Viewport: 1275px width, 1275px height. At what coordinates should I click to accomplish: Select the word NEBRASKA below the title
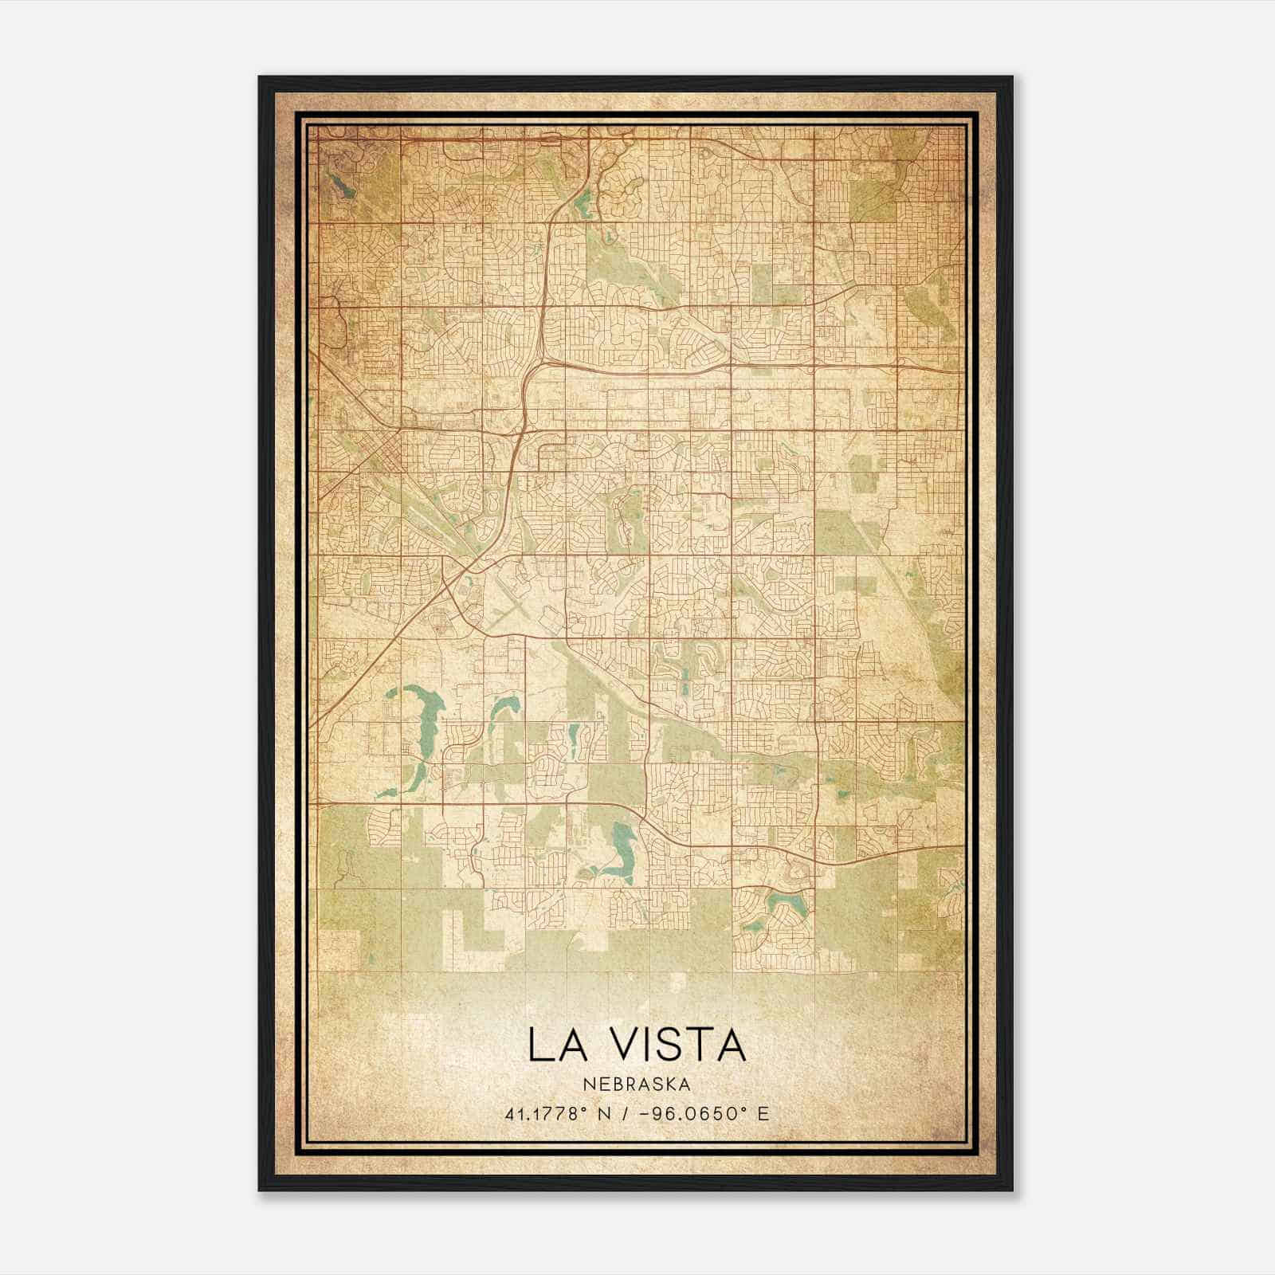coord(637,1084)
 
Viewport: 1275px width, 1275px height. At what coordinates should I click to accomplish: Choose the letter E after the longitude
coord(763,1113)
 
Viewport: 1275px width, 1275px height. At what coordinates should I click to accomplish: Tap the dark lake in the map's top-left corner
coord(339,186)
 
